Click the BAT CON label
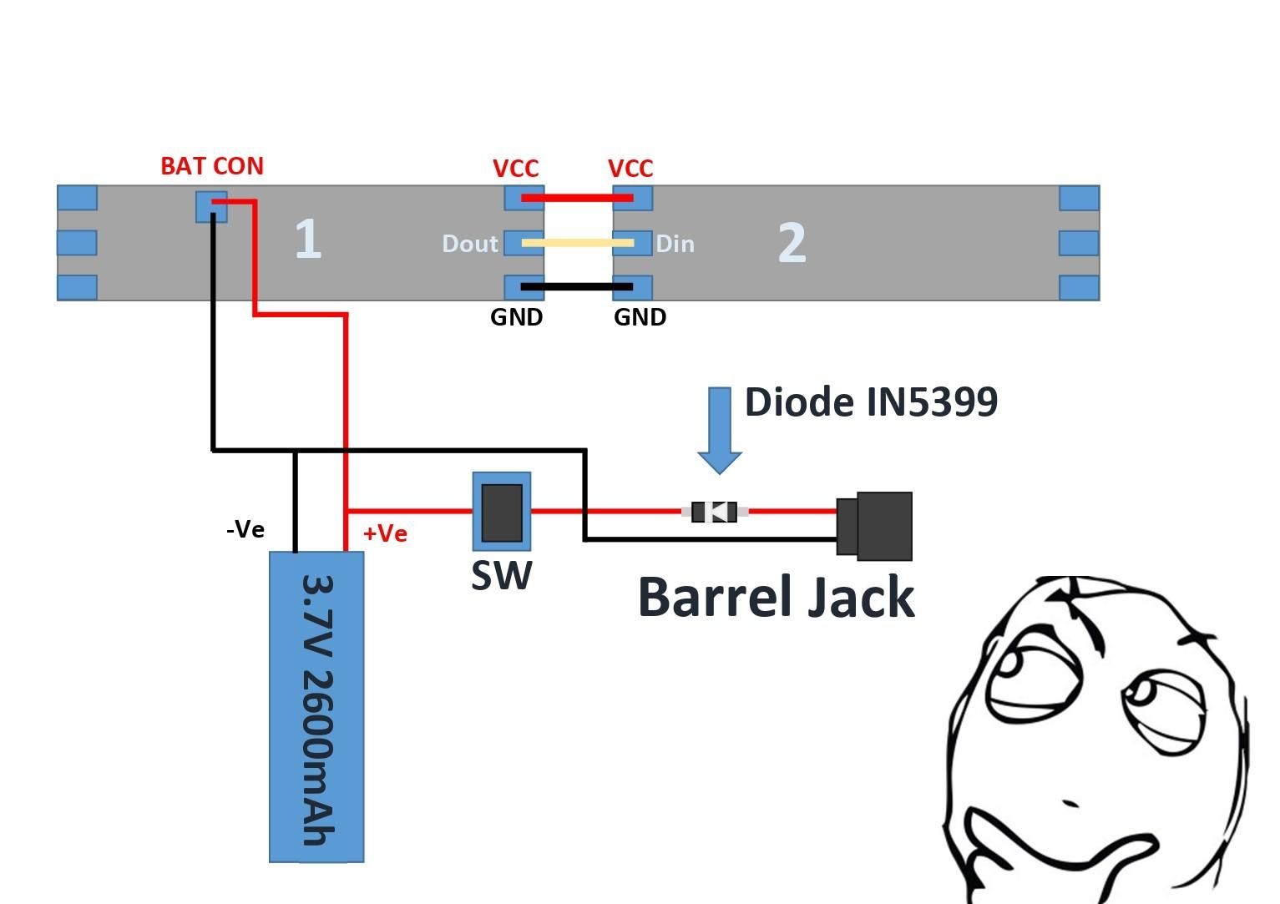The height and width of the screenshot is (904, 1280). click(212, 166)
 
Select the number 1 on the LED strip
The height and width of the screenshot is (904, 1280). click(308, 240)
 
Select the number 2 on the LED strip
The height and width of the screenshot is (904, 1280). click(792, 243)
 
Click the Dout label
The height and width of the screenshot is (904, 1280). click(469, 244)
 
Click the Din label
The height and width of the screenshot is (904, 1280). click(675, 244)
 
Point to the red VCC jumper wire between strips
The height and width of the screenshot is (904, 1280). click(576, 198)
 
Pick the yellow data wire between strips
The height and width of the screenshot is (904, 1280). click(576, 243)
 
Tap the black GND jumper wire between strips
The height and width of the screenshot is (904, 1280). click(576, 286)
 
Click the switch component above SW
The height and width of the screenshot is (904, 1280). click(502, 512)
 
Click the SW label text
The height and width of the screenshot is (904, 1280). click(501, 576)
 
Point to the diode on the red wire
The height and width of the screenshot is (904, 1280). click(715, 512)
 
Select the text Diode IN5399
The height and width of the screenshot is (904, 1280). click(870, 402)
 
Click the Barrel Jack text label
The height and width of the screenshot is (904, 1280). click(776, 598)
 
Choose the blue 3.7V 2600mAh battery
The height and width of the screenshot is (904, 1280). click(316, 706)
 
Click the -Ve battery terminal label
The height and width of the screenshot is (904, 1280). click(245, 529)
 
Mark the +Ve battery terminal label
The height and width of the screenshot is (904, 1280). click(385, 533)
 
